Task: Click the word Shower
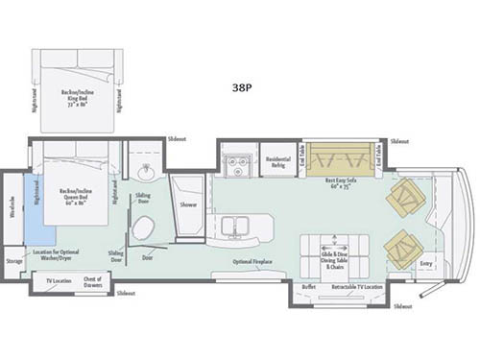(188, 203)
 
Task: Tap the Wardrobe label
(12, 205)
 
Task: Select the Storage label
(13, 260)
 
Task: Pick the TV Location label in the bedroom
(60, 280)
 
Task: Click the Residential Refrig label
(278, 161)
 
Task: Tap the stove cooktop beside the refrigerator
(236, 162)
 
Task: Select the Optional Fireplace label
(254, 261)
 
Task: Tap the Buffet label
(308, 286)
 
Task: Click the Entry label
(426, 263)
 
